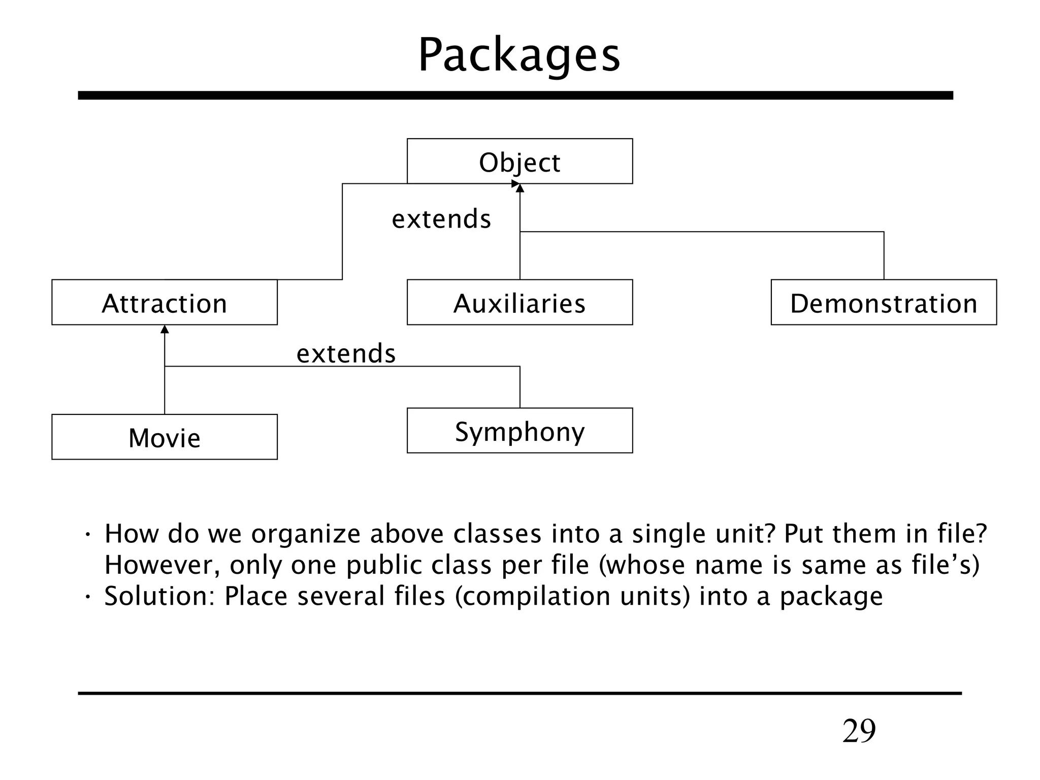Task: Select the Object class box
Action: (x=519, y=161)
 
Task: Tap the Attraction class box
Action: (x=164, y=302)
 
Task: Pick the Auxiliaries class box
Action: (x=519, y=302)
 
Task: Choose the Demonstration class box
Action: (x=884, y=302)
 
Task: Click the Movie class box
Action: (x=164, y=437)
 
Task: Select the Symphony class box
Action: (x=519, y=431)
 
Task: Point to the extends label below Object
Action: (x=441, y=219)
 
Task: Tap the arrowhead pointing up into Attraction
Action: (x=165, y=330)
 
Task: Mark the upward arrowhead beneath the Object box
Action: (x=519, y=188)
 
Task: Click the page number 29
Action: (x=859, y=731)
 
